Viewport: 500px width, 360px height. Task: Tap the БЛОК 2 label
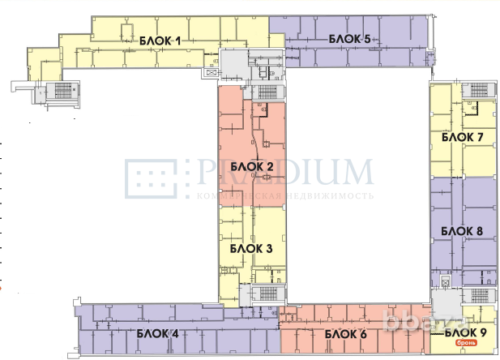251,167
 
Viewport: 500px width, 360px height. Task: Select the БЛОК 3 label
251,249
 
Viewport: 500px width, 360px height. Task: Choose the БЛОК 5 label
348,39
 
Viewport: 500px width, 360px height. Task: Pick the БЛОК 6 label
346,333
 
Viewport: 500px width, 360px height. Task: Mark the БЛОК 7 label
463,138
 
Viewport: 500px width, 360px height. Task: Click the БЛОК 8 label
463,231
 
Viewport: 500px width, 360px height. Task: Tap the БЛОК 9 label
465,332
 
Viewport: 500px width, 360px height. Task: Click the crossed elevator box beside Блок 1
213,72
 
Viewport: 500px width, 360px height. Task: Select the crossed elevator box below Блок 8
445,281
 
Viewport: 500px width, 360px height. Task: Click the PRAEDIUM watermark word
283,173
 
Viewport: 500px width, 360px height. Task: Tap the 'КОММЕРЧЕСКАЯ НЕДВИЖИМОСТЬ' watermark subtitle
284,196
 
